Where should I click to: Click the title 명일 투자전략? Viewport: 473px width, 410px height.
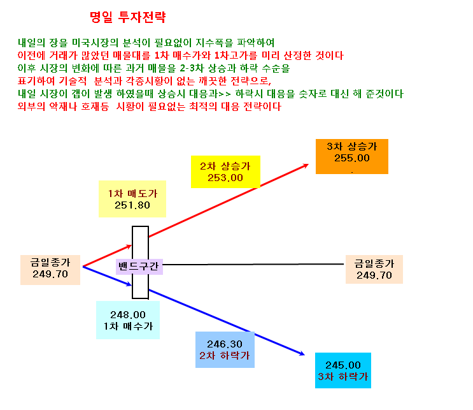(x=128, y=17)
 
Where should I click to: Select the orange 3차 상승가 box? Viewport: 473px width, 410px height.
(x=352, y=156)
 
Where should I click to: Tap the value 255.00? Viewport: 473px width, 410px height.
(x=352, y=158)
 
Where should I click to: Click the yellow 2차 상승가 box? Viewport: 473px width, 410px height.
(x=225, y=172)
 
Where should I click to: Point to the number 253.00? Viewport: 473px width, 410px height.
(x=225, y=178)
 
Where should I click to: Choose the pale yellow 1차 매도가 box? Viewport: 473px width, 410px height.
(x=132, y=199)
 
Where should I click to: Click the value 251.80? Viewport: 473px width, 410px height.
(x=132, y=205)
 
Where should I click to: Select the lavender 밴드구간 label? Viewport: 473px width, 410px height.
(x=139, y=267)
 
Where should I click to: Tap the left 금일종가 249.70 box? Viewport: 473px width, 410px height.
(x=50, y=270)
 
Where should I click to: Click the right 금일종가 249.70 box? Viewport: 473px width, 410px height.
(x=374, y=269)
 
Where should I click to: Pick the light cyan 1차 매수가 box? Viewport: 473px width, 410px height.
(x=128, y=320)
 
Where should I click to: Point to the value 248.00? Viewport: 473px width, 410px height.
(x=128, y=315)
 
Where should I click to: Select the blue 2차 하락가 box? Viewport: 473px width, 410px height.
(x=225, y=349)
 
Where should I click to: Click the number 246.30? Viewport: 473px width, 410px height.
(x=225, y=344)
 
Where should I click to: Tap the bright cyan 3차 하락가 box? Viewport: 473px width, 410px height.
(x=343, y=370)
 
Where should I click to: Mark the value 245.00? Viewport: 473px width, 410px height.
(x=343, y=365)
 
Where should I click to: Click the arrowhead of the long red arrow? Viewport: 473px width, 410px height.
(x=307, y=165)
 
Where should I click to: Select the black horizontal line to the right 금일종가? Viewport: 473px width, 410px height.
(x=253, y=265)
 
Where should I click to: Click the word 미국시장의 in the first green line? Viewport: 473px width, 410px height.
(x=95, y=43)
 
